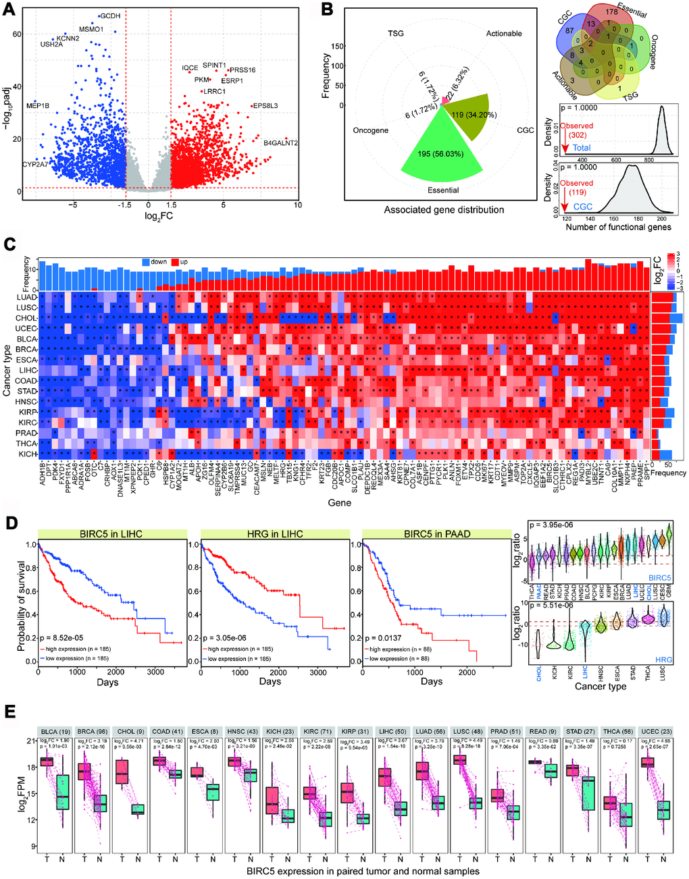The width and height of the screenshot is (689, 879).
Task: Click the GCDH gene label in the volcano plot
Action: click(111, 16)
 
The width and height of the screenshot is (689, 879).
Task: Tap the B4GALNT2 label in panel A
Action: click(280, 143)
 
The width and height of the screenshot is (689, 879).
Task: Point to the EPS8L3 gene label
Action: click(265, 106)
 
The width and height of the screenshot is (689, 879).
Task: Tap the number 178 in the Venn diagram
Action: click(612, 11)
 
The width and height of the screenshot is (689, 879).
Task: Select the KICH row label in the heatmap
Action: click(28, 454)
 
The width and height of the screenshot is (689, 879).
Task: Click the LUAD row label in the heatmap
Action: click(27, 297)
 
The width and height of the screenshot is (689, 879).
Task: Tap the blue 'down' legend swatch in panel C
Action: click(146, 262)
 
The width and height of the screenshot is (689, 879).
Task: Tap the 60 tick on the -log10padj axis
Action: click(18, 34)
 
